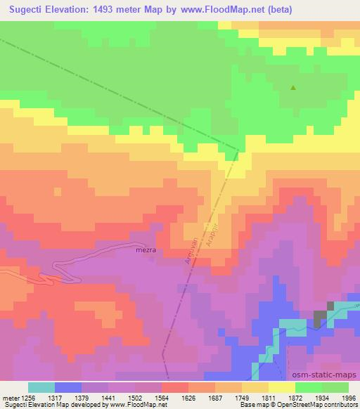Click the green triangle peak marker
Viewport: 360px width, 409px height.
[x=293, y=88]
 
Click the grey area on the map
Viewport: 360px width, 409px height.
[x=322, y=317]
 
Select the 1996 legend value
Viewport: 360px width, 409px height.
[x=349, y=397]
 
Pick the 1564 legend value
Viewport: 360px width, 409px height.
[x=162, y=397]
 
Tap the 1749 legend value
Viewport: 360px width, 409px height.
[x=241, y=397]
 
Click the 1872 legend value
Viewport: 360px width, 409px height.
[x=296, y=397]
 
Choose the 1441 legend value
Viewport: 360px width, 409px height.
[x=109, y=397]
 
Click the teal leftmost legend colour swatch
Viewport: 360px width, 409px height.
[x=41, y=387]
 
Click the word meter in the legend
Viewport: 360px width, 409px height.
[x=11, y=397]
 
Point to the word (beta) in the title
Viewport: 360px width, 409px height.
[x=277, y=11]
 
